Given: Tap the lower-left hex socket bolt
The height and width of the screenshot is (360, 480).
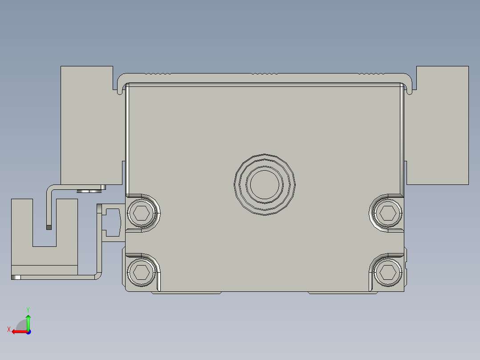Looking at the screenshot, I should click(142, 271).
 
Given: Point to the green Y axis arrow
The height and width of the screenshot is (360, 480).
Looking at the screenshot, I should click(28, 320).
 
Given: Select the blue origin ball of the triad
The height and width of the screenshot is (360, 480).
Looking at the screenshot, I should click(28, 331).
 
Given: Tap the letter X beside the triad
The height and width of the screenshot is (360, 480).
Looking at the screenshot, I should click(8, 330).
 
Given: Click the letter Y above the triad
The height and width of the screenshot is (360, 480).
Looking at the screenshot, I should click(28, 309).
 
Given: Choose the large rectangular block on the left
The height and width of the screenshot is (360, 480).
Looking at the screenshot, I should click(87, 125).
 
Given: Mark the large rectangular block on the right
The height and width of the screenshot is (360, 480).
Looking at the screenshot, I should click(442, 125).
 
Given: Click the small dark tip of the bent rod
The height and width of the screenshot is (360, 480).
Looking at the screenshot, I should click(49, 227).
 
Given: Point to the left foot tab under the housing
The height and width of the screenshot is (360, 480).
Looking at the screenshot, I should click(187, 293).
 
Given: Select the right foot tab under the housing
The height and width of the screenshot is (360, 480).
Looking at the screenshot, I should click(338, 293).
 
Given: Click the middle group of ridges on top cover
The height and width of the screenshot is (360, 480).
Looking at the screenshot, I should click(264, 73).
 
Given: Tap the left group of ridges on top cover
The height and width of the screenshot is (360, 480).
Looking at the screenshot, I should click(158, 73).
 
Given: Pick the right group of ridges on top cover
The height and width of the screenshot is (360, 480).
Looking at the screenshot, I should click(372, 73).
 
